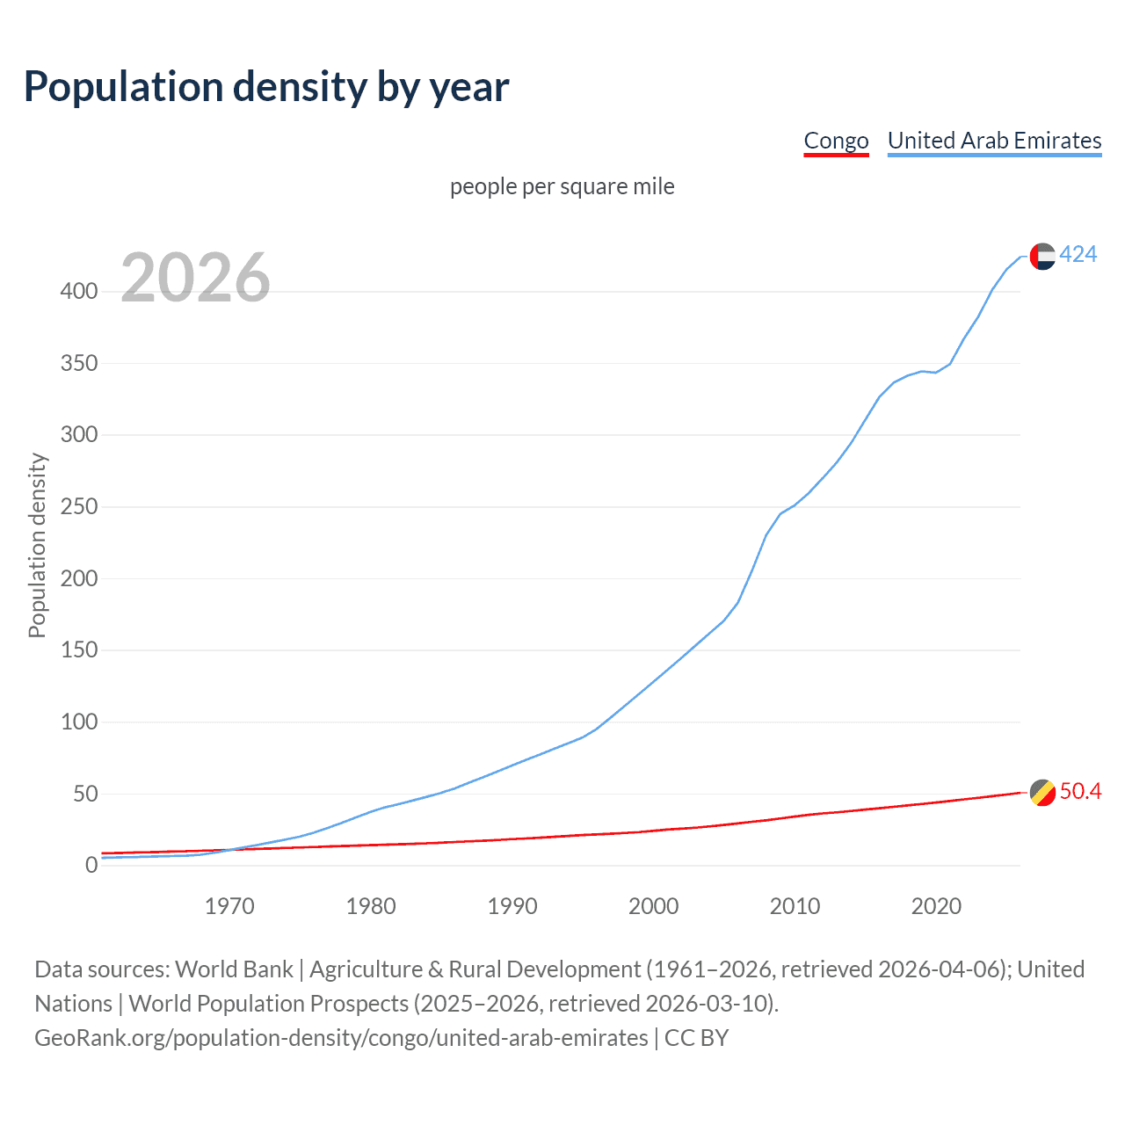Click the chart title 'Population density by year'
266,87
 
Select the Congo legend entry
836,141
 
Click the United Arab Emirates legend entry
994,141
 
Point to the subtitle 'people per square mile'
562,186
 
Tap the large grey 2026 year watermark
195,278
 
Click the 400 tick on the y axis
79,291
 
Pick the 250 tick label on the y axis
79,507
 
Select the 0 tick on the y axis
91,866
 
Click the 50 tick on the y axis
85,794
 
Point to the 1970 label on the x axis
229,906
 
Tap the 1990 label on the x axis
512,906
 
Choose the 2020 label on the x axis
936,906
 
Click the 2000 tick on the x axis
654,906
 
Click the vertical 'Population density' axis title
37,545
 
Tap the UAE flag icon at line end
1042,256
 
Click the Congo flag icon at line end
1042,793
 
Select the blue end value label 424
1078,254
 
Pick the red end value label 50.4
1080,791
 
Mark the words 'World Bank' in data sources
234,969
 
